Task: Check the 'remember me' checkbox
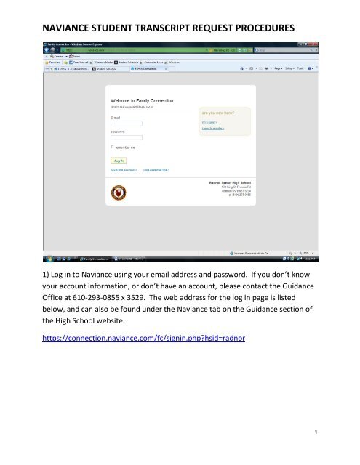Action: click(x=112, y=146)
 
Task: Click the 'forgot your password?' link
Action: click(x=124, y=169)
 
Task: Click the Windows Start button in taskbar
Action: click(x=44, y=258)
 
